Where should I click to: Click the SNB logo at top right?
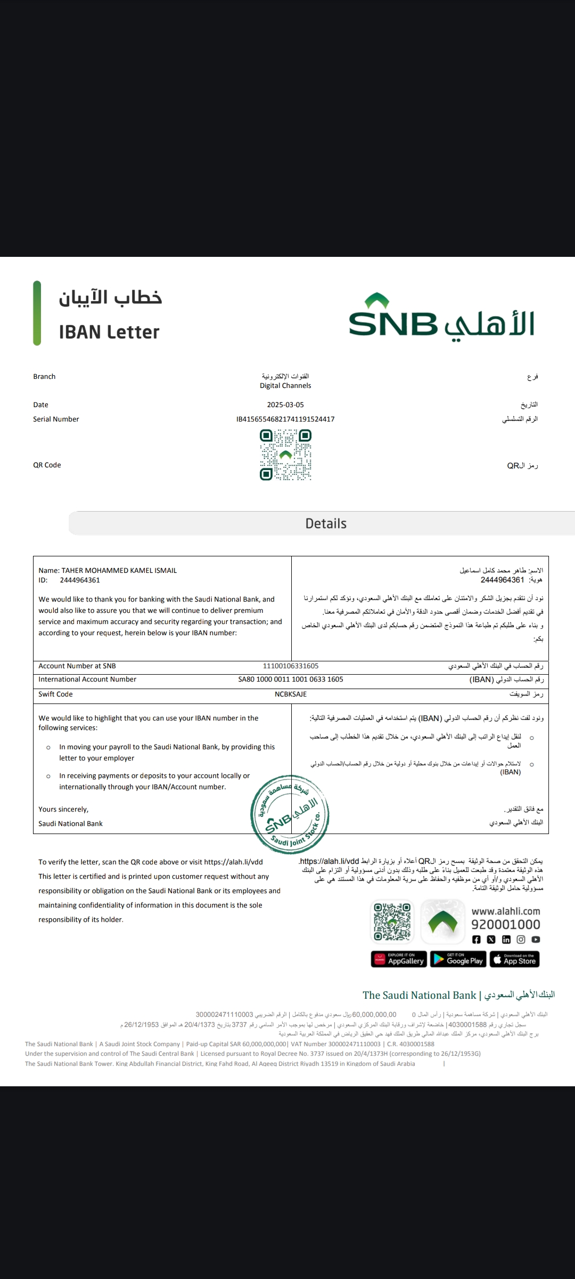[x=441, y=318]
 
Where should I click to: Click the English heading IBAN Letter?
[x=109, y=332]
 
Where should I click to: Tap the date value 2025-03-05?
[x=285, y=404]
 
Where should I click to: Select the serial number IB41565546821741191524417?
[x=285, y=419]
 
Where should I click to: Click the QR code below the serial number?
[x=285, y=455]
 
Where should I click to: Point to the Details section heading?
[x=326, y=523]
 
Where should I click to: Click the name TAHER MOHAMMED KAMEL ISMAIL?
[x=119, y=570]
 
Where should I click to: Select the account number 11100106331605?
[x=291, y=666]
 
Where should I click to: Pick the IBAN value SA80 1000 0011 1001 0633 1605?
[x=291, y=679]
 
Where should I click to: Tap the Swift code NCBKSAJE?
[x=291, y=694]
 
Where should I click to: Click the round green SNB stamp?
[x=290, y=814]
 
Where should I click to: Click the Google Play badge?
[x=458, y=959]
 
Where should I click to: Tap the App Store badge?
[x=514, y=959]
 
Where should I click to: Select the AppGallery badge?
[x=399, y=959]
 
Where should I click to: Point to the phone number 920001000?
[x=506, y=924]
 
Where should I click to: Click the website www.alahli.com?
[x=506, y=911]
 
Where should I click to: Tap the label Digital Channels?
[x=285, y=385]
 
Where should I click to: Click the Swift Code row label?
[x=55, y=694]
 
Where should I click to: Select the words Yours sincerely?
[x=63, y=809]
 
